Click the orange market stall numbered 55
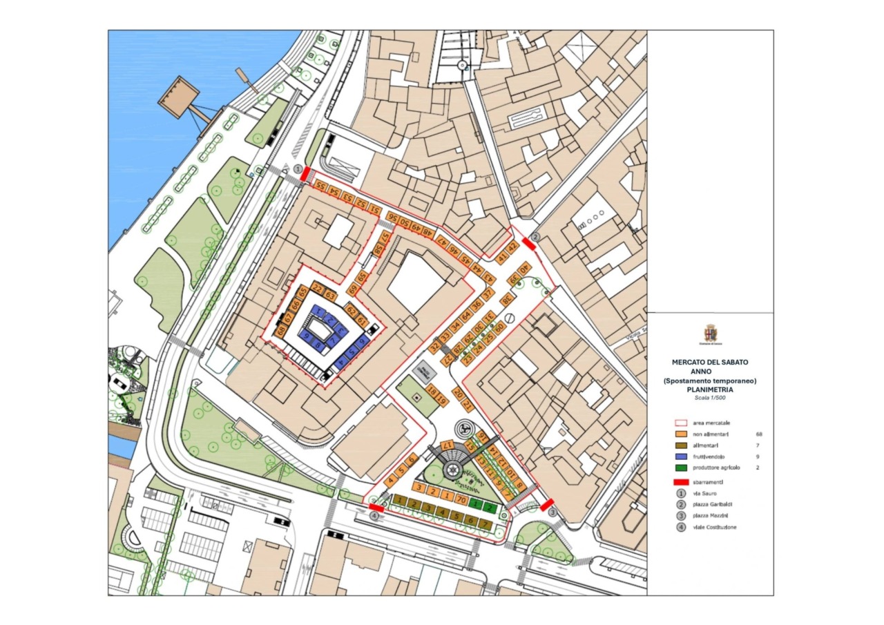[320, 186]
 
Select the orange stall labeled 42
[512, 247]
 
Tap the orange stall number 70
[462, 499]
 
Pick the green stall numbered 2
[490, 507]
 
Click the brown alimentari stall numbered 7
[486, 524]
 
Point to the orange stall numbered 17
[448, 445]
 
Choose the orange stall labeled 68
[281, 331]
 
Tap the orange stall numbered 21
[469, 405]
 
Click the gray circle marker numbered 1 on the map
[298, 169]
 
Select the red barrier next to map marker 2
[528, 243]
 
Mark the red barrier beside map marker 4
[376, 508]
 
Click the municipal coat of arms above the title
[710, 333]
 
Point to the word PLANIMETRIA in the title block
[710, 390]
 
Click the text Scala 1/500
[710, 398]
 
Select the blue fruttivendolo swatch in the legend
[680, 457]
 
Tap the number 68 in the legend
[760, 434]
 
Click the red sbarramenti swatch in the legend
[680, 481]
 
